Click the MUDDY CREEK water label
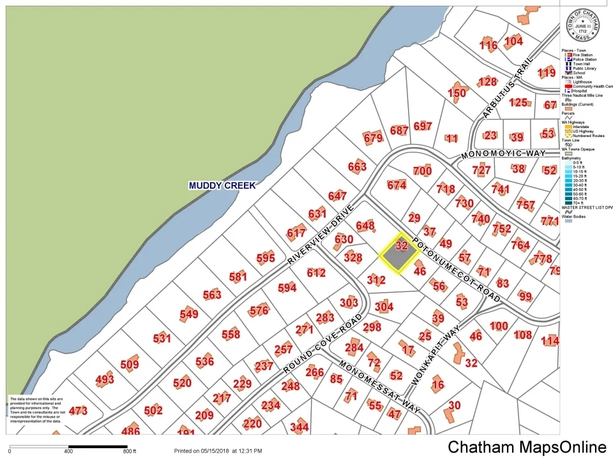(x=222, y=186)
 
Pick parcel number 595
(x=266, y=258)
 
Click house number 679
(x=373, y=138)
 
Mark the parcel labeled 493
(x=105, y=381)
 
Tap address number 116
(x=488, y=45)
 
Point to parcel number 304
(x=384, y=307)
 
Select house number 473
(x=78, y=411)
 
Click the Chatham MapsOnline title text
(x=526, y=448)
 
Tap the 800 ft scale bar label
(x=130, y=451)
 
